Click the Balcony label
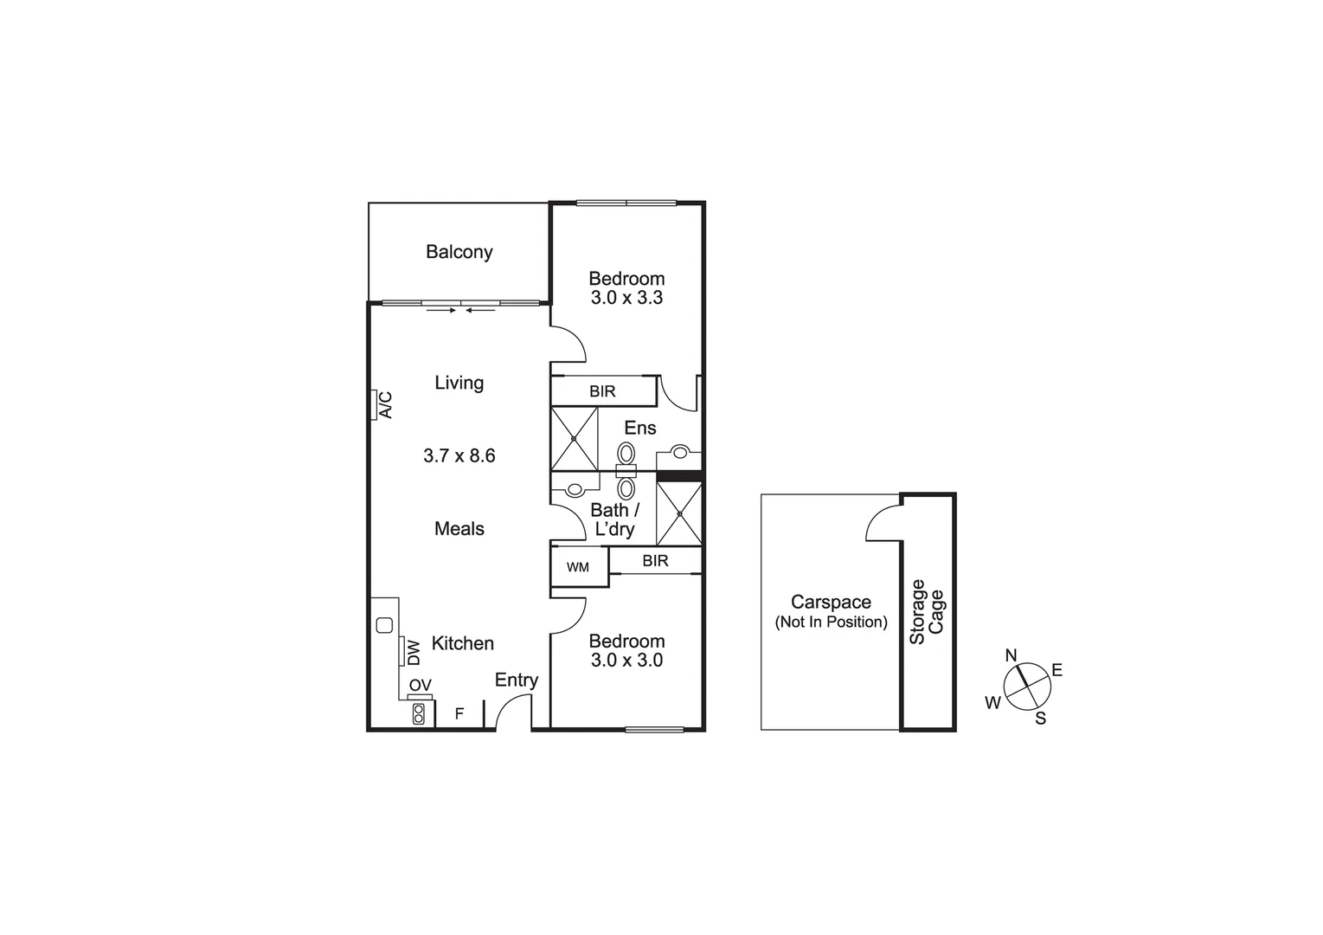pyautogui.click(x=459, y=252)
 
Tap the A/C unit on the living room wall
pyautogui.click(x=380, y=404)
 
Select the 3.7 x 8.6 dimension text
pyautogui.click(x=459, y=455)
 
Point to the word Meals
pyautogui.click(x=459, y=529)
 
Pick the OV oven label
pyautogui.click(x=420, y=686)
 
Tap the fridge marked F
pyautogui.click(x=459, y=714)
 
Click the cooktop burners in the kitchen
pyautogui.click(x=419, y=714)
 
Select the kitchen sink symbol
pyautogui.click(x=385, y=624)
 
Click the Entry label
pyautogui.click(x=517, y=680)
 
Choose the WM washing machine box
pyautogui.click(x=578, y=567)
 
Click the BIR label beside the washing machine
pyautogui.click(x=655, y=561)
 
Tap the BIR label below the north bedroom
pyautogui.click(x=602, y=391)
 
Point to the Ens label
pyautogui.click(x=640, y=428)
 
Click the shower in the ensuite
pyautogui.click(x=575, y=439)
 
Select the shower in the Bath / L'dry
pyautogui.click(x=679, y=514)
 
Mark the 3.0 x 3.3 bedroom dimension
pyautogui.click(x=626, y=298)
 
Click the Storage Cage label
pyautogui.click(x=927, y=611)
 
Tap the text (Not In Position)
pyautogui.click(x=831, y=622)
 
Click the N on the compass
pyautogui.click(x=1011, y=655)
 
